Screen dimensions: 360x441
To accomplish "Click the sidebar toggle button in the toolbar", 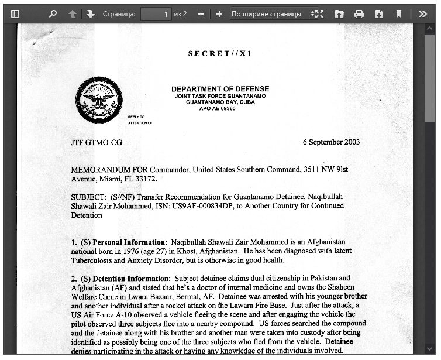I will click(x=15, y=14).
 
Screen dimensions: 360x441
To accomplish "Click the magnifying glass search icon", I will click(x=53, y=14).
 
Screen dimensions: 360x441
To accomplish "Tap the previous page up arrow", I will click(x=73, y=14).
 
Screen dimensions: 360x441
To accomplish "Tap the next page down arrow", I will click(x=90, y=14).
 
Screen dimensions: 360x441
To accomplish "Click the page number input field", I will click(x=156, y=14).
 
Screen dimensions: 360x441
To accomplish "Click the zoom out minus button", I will click(x=201, y=14).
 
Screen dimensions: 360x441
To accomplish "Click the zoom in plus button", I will click(x=219, y=14).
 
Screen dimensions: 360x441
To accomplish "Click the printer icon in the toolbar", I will click(x=359, y=14).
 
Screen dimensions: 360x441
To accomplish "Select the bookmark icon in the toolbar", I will click(x=398, y=14).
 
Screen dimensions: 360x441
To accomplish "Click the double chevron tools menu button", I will click(x=423, y=14).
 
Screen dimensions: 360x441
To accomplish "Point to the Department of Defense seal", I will click(x=99, y=100).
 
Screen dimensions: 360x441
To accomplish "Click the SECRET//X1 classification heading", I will click(x=220, y=54).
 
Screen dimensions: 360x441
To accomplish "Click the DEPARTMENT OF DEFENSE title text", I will click(x=220, y=89).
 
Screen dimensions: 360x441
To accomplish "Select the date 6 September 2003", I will click(x=331, y=142).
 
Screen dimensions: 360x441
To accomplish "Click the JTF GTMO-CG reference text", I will click(x=97, y=142).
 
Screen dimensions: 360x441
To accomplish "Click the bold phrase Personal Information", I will click(x=129, y=242).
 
